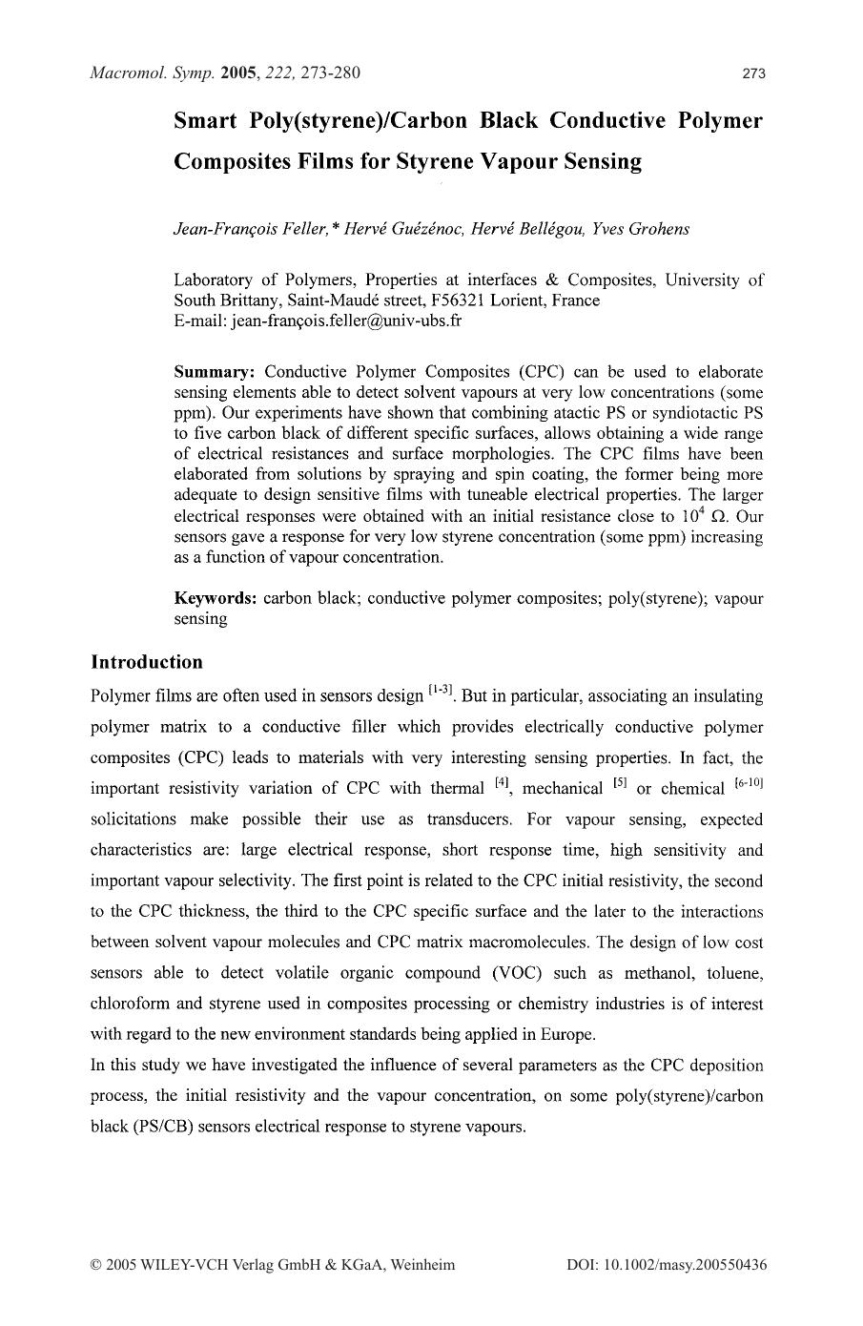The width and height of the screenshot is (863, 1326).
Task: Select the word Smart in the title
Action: (205, 121)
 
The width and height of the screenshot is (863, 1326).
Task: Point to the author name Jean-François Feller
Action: (251, 229)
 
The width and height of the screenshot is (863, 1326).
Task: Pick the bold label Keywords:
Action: (216, 598)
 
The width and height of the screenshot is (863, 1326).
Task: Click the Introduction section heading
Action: (147, 662)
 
